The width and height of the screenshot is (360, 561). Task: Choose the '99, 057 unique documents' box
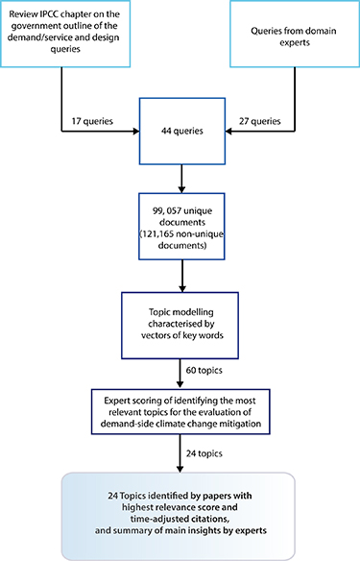tap(180, 227)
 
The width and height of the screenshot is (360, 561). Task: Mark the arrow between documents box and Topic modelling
tap(180, 275)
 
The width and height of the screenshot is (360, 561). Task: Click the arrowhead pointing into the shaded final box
tap(180, 468)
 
